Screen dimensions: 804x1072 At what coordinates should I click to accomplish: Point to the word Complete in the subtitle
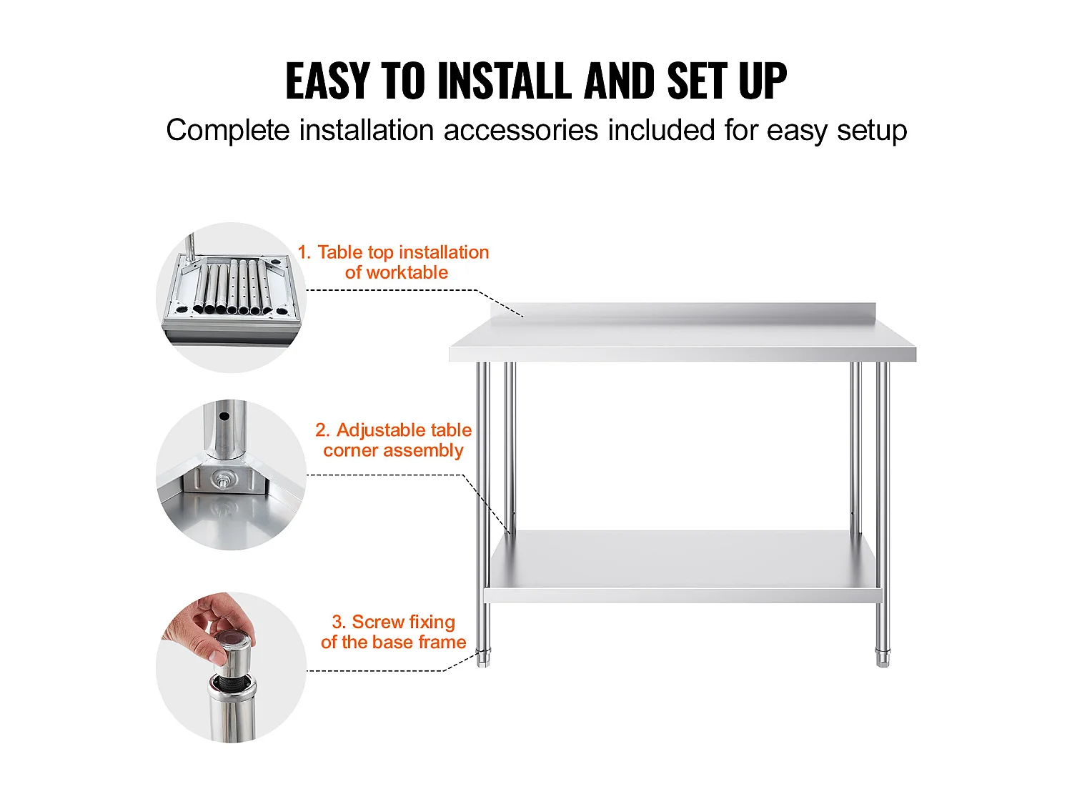click(228, 131)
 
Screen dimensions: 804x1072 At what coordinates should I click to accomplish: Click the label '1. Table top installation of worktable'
click(394, 262)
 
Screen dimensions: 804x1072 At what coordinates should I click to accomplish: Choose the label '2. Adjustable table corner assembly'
click(394, 440)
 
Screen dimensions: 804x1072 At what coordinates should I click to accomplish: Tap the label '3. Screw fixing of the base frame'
click(394, 632)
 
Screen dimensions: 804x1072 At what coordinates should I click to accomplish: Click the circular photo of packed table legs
click(231, 297)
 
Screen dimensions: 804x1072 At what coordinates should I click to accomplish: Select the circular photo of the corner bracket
click(231, 475)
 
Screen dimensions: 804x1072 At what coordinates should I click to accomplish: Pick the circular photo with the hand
click(231, 667)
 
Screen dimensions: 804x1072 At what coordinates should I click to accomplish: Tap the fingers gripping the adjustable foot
click(207, 629)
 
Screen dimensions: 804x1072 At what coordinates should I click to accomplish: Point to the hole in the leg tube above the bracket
click(224, 416)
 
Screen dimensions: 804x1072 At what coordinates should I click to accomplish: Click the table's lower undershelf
click(683, 565)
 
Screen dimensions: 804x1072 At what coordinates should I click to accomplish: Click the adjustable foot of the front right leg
click(883, 658)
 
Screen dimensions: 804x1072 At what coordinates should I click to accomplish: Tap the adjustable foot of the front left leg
click(484, 658)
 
